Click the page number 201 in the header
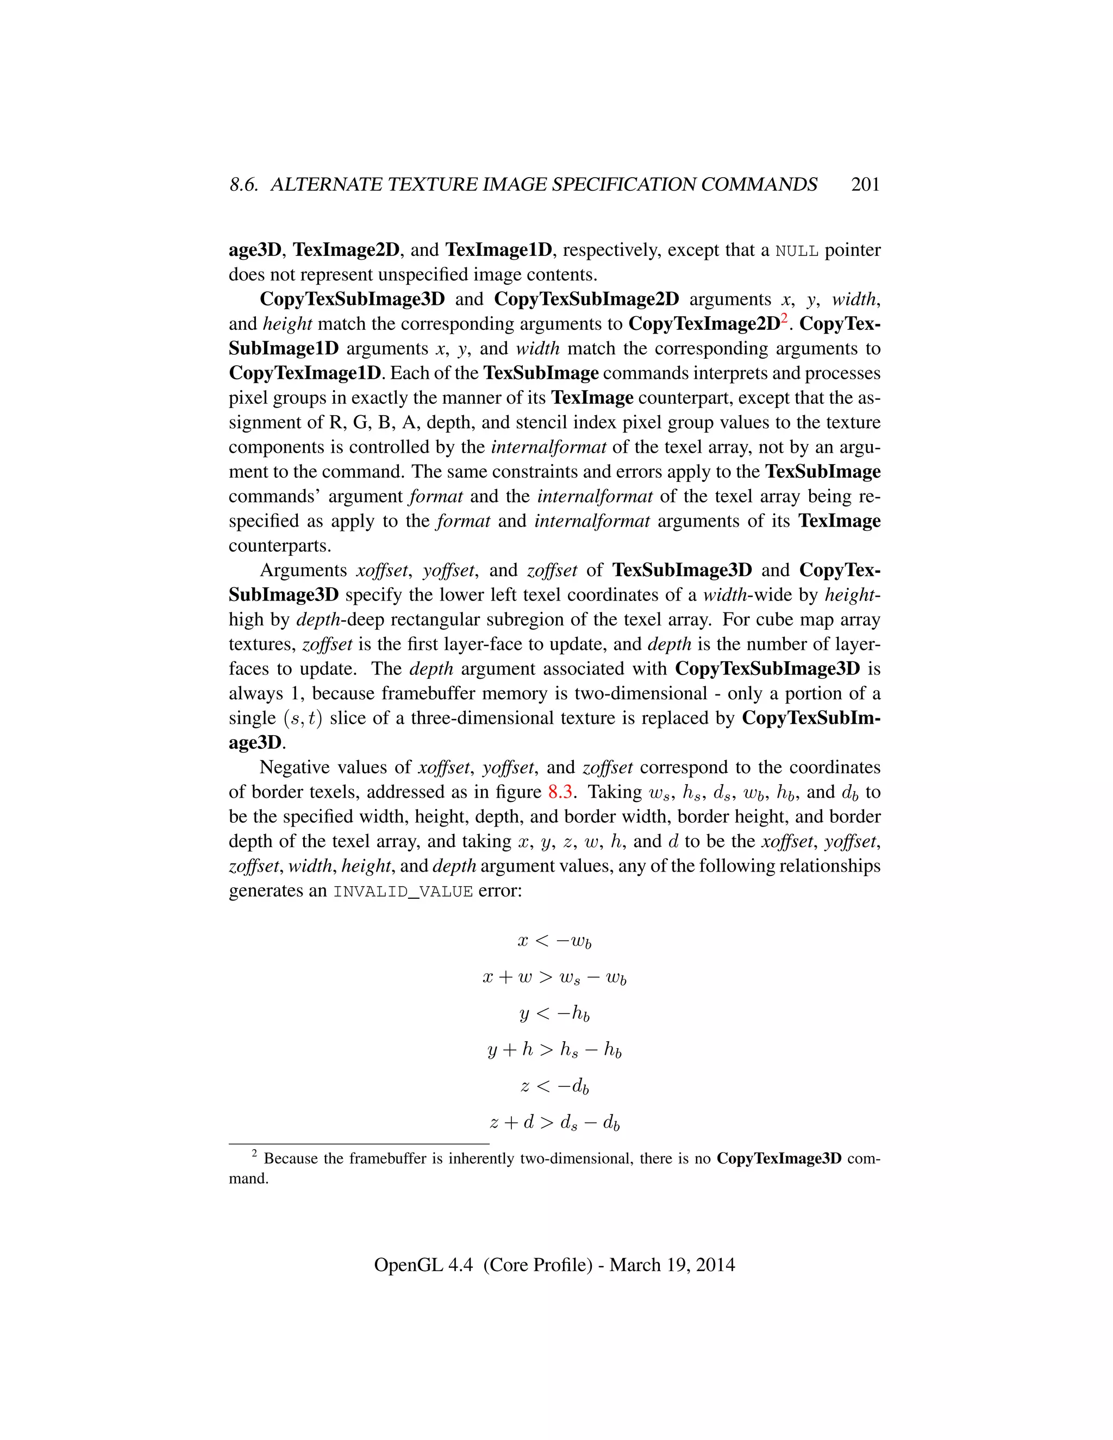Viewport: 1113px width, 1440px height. click(865, 185)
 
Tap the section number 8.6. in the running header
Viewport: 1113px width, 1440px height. click(245, 185)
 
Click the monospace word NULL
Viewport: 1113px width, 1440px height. click(797, 251)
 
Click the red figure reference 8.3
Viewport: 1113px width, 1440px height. click(560, 792)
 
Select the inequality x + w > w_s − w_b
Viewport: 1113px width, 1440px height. click(554, 977)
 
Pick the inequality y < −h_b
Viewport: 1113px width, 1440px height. click(554, 1013)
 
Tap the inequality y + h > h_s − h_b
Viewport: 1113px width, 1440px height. click(554, 1050)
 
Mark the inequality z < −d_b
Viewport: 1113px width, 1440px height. click(554, 1086)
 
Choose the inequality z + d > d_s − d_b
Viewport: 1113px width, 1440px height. click(554, 1122)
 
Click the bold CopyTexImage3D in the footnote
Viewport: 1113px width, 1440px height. click(779, 1159)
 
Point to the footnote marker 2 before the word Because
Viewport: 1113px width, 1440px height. click(254, 1154)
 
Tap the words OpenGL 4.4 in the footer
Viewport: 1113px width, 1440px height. click(423, 1264)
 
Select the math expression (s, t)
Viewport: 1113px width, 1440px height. click(302, 718)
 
